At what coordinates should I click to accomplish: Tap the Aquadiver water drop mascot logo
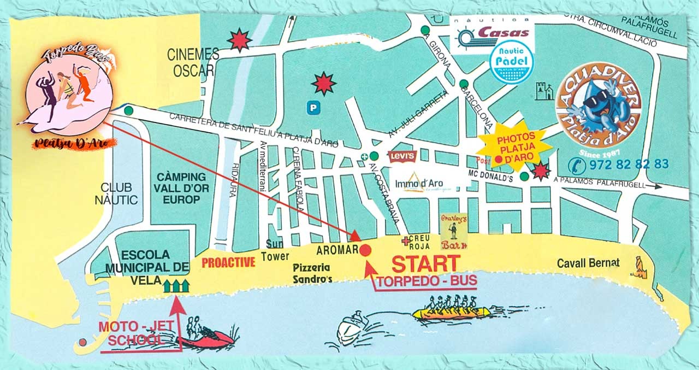click(x=599, y=104)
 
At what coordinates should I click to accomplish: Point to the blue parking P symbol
click(x=312, y=109)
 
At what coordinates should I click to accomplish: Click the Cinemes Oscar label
click(x=193, y=62)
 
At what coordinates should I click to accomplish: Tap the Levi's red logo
click(x=403, y=156)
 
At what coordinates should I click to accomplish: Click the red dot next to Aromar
click(x=366, y=250)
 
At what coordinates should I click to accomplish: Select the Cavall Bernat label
click(x=588, y=263)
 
